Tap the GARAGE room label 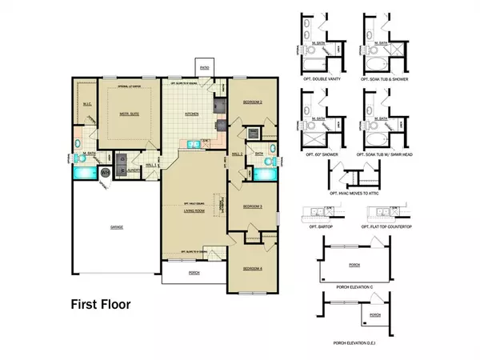116,227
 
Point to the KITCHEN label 193,114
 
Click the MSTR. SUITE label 118,114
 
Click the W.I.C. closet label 89,103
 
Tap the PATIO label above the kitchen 205,70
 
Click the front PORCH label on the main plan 194,271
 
